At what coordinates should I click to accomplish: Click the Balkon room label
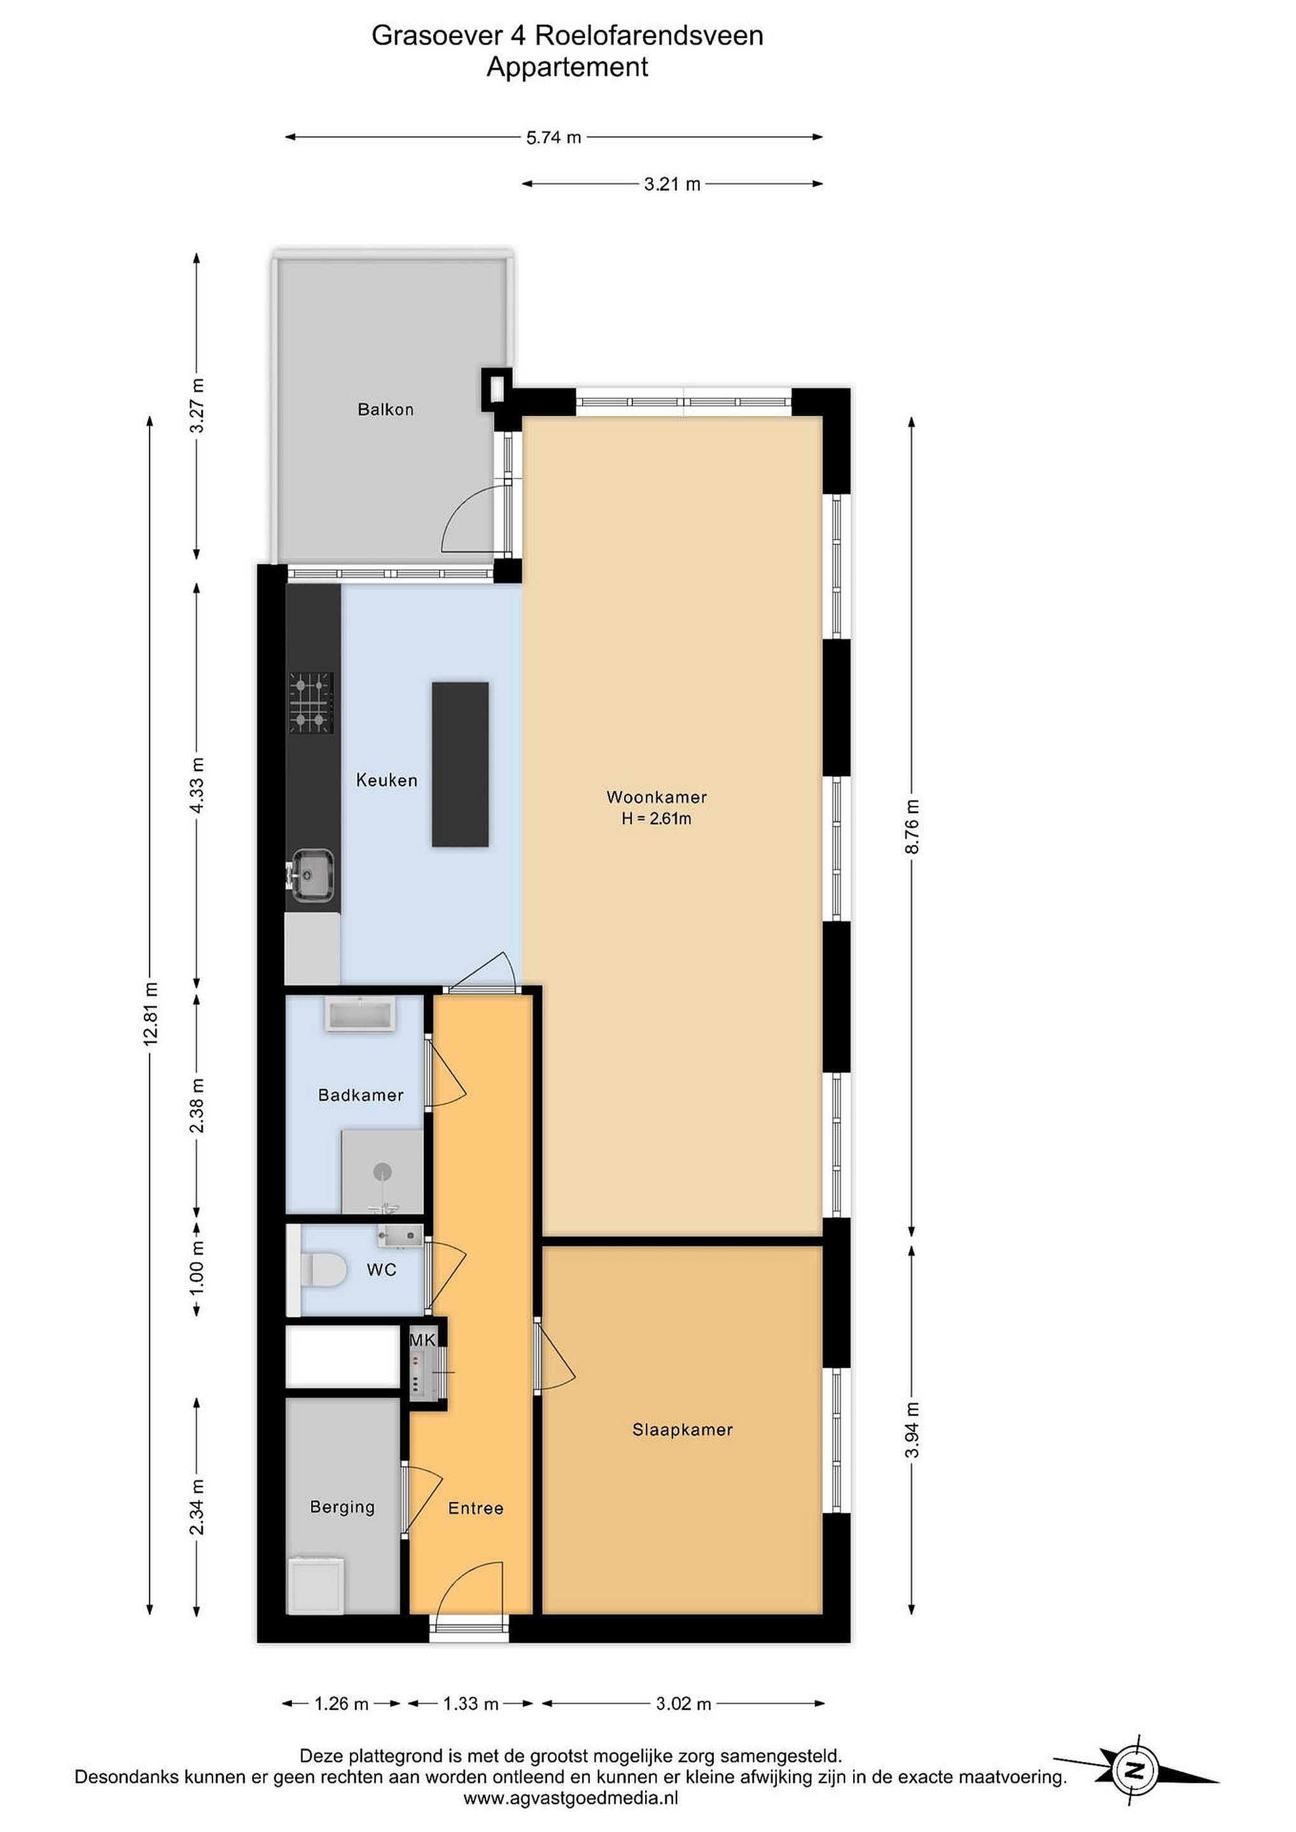pyautogui.click(x=386, y=409)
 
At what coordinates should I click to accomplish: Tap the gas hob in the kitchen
pyautogui.click(x=311, y=703)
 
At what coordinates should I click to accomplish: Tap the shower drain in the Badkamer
pyautogui.click(x=383, y=1171)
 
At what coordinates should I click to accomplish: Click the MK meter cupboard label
pyautogui.click(x=422, y=1340)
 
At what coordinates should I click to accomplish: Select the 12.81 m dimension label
pyautogui.click(x=151, y=1013)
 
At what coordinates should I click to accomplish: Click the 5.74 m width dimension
pyautogui.click(x=553, y=137)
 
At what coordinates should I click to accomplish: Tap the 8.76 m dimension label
pyautogui.click(x=912, y=826)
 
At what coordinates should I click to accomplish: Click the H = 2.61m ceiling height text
pyautogui.click(x=656, y=818)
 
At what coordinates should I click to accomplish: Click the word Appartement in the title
pyautogui.click(x=568, y=67)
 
